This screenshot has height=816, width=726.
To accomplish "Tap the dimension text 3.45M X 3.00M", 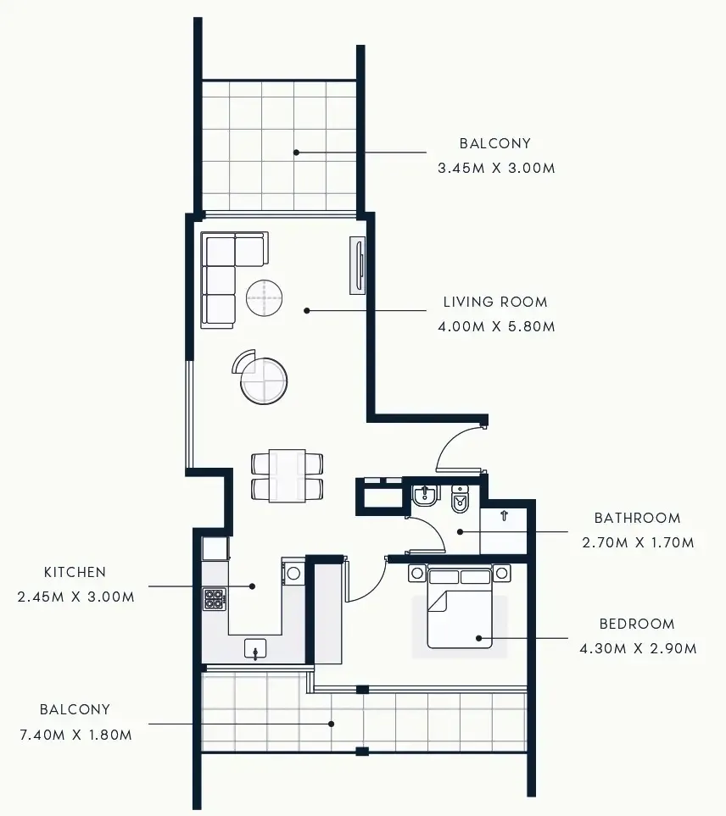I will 496,168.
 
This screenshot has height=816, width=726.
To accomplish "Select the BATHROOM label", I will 637,518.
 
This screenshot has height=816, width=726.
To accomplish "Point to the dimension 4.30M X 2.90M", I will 638,648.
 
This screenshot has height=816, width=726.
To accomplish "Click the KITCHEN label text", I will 75,573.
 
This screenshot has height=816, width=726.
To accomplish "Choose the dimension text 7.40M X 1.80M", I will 75,735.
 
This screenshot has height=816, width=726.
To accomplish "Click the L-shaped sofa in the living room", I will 227,275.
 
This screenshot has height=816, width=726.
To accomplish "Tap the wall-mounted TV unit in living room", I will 358,266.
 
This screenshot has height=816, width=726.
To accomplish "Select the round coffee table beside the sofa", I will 265,297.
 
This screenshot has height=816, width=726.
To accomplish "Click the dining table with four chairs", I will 288,475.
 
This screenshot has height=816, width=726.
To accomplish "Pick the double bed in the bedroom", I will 460,610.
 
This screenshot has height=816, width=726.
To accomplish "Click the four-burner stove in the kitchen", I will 215,599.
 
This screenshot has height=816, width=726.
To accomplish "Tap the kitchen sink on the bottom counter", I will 255,649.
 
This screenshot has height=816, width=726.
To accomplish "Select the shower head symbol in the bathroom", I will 503,514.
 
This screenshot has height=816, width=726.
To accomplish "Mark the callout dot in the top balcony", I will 296,153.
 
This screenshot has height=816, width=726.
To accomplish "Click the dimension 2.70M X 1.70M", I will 638,542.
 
